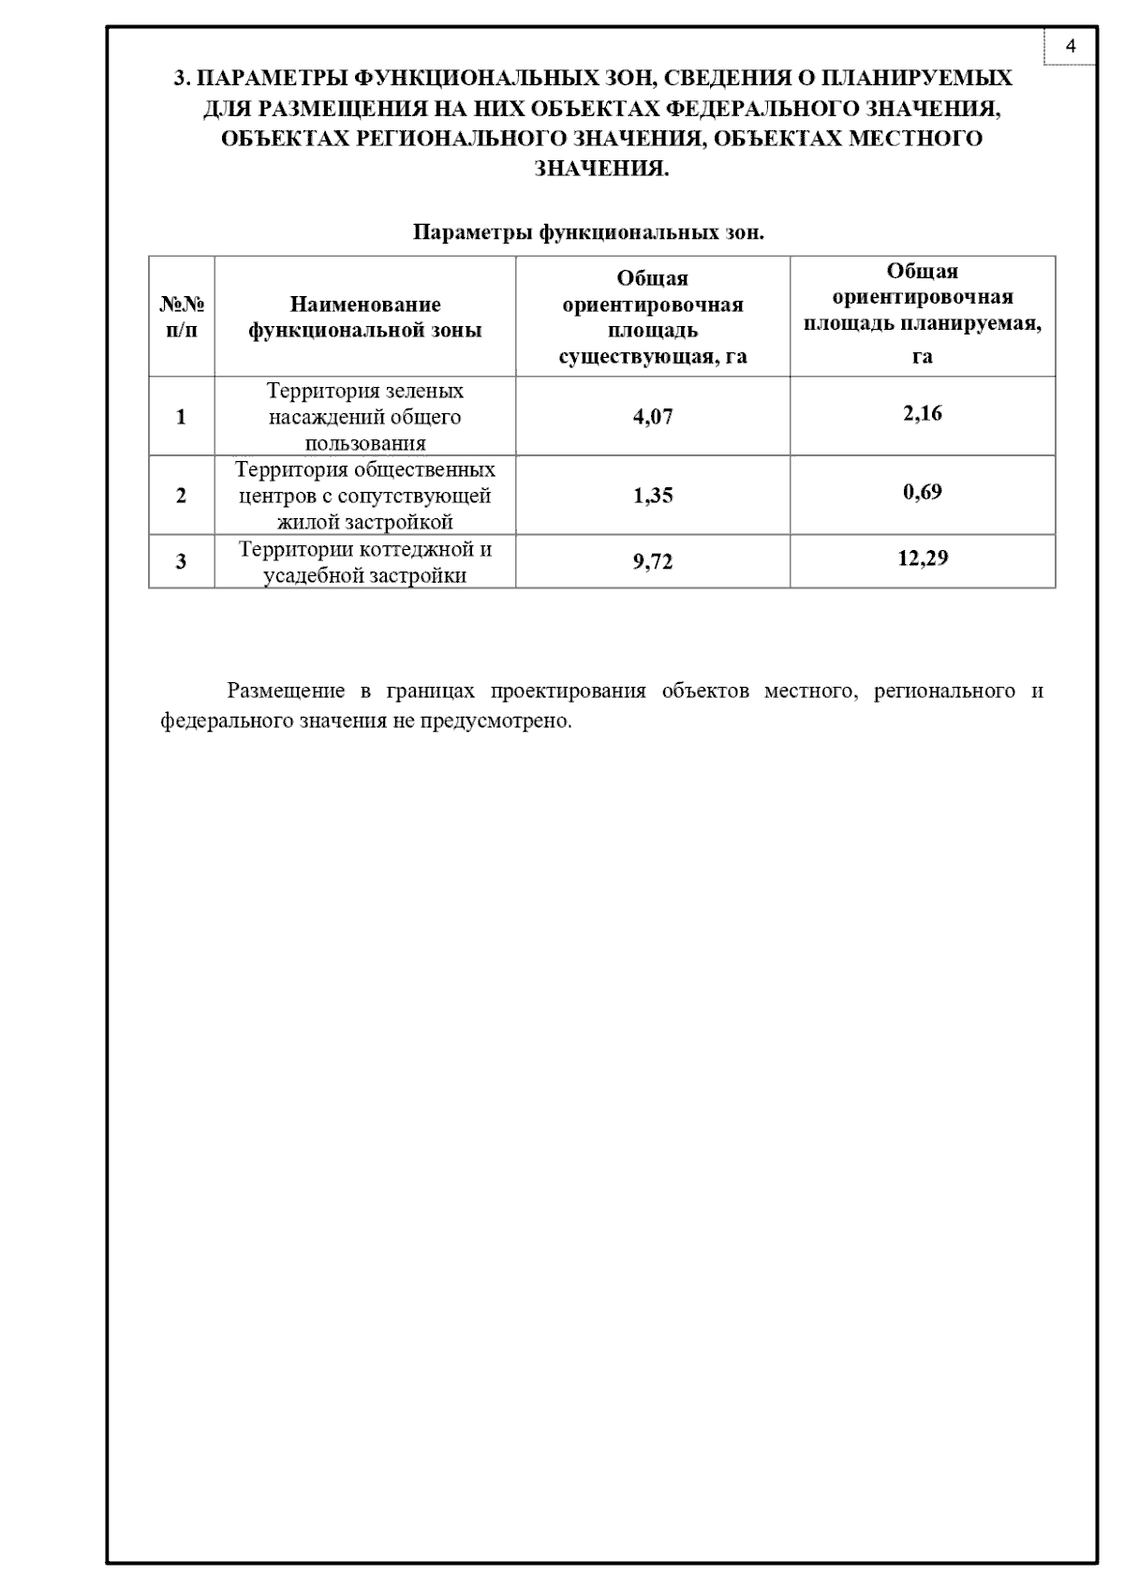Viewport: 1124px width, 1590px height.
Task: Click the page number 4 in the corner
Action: click(1071, 46)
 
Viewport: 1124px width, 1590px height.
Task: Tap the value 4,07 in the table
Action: click(653, 417)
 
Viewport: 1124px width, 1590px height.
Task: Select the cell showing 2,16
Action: click(923, 413)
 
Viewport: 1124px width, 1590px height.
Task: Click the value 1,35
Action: click(653, 496)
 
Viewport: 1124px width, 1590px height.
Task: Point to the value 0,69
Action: click(923, 492)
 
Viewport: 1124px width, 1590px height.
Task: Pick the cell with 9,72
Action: click(653, 562)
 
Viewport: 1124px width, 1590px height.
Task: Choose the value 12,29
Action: click(923, 558)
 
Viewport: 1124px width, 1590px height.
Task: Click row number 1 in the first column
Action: click(182, 417)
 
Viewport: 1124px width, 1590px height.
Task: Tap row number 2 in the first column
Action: click(182, 496)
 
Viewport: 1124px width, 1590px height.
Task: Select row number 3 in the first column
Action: click(182, 562)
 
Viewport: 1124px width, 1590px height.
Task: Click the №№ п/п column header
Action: click(182, 318)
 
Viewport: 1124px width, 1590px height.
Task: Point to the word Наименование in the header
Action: click(365, 305)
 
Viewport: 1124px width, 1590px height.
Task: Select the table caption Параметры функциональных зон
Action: click(588, 231)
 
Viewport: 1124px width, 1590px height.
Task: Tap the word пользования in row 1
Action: click(365, 443)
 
